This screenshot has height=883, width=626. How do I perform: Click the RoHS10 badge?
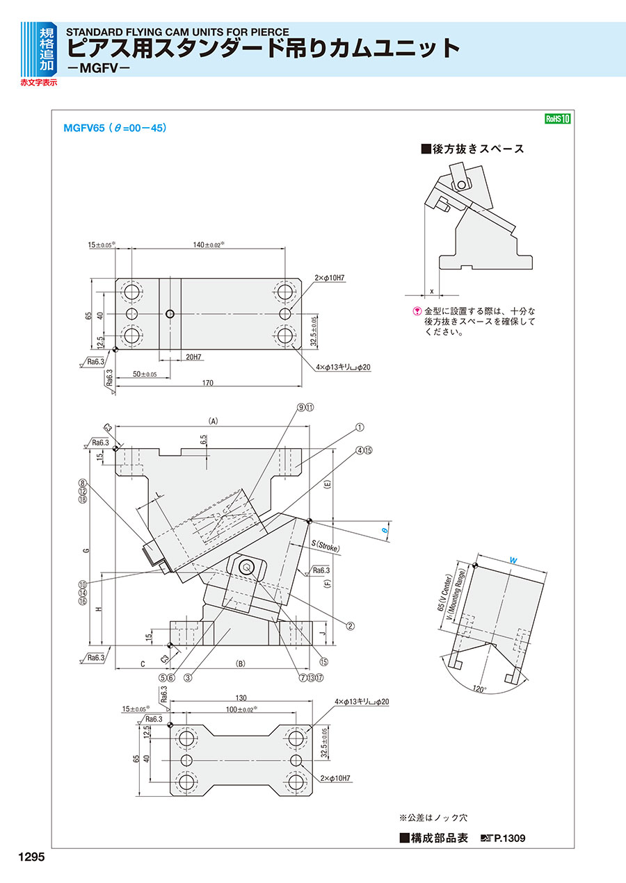click(x=557, y=119)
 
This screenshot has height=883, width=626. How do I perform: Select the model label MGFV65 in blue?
click(x=83, y=129)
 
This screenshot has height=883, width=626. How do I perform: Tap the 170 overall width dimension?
click(x=207, y=383)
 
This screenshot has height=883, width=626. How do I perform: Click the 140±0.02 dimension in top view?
click(x=207, y=245)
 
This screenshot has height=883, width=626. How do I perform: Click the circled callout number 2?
click(x=351, y=625)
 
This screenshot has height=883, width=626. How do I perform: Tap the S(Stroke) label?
click(x=326, y=545)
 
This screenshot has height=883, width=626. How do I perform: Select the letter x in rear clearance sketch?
click(x=432, y=290)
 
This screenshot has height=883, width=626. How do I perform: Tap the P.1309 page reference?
click(x=509, y=839)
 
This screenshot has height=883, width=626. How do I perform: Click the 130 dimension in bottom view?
click(x=241, y=698)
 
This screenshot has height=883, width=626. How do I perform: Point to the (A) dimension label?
click(x=213, y=420)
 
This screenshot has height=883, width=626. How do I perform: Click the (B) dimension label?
click(x=241, y=663)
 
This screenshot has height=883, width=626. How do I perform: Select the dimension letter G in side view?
click(x=86, y=550)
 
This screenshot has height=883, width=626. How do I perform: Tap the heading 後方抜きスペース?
click(x=473, y=149)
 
